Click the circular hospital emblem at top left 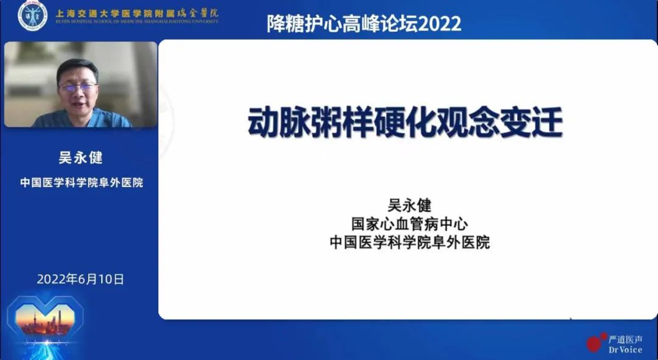(x=32, y=16)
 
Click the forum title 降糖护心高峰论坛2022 (x=364, y=24)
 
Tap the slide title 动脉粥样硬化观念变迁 (x=405, y=122)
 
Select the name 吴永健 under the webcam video (x=80, y=157)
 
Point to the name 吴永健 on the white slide (x=409, y=205)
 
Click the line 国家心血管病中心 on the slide (x=409, y=224)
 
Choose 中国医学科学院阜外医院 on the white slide (x=409, y=242)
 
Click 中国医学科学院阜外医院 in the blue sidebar (x=81, y=182)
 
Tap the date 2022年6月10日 (x=80, y=280)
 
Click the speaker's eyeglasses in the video (x=77, y=86)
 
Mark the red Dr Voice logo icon (x=595, y=342)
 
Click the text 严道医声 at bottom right (x=625, y=339)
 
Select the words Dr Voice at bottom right (x=625, y=350)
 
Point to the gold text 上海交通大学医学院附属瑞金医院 (x=136, y=13)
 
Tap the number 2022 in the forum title (x=440, y=24)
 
